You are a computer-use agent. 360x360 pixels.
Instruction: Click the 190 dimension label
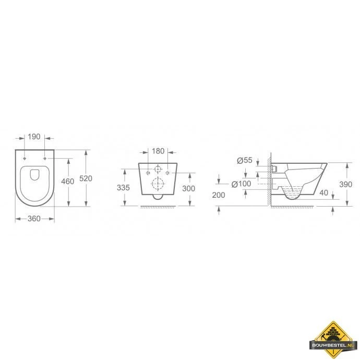click(34, 137)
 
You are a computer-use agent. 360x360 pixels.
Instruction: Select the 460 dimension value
click(67, 182)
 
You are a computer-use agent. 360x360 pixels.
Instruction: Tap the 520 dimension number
click(86, 178)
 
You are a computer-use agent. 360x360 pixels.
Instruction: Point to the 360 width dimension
click(34, 219)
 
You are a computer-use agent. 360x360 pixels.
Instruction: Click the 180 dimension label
click(158, 151)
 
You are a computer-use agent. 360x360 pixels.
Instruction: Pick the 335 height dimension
click(123, 188)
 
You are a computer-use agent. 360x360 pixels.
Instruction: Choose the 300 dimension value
click(188, 188)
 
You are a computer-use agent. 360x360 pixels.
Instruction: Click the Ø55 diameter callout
click(245, 160)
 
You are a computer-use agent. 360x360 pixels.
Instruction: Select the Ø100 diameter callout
click(241, 184)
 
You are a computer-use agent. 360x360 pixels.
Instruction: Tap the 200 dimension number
click(219, 195)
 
